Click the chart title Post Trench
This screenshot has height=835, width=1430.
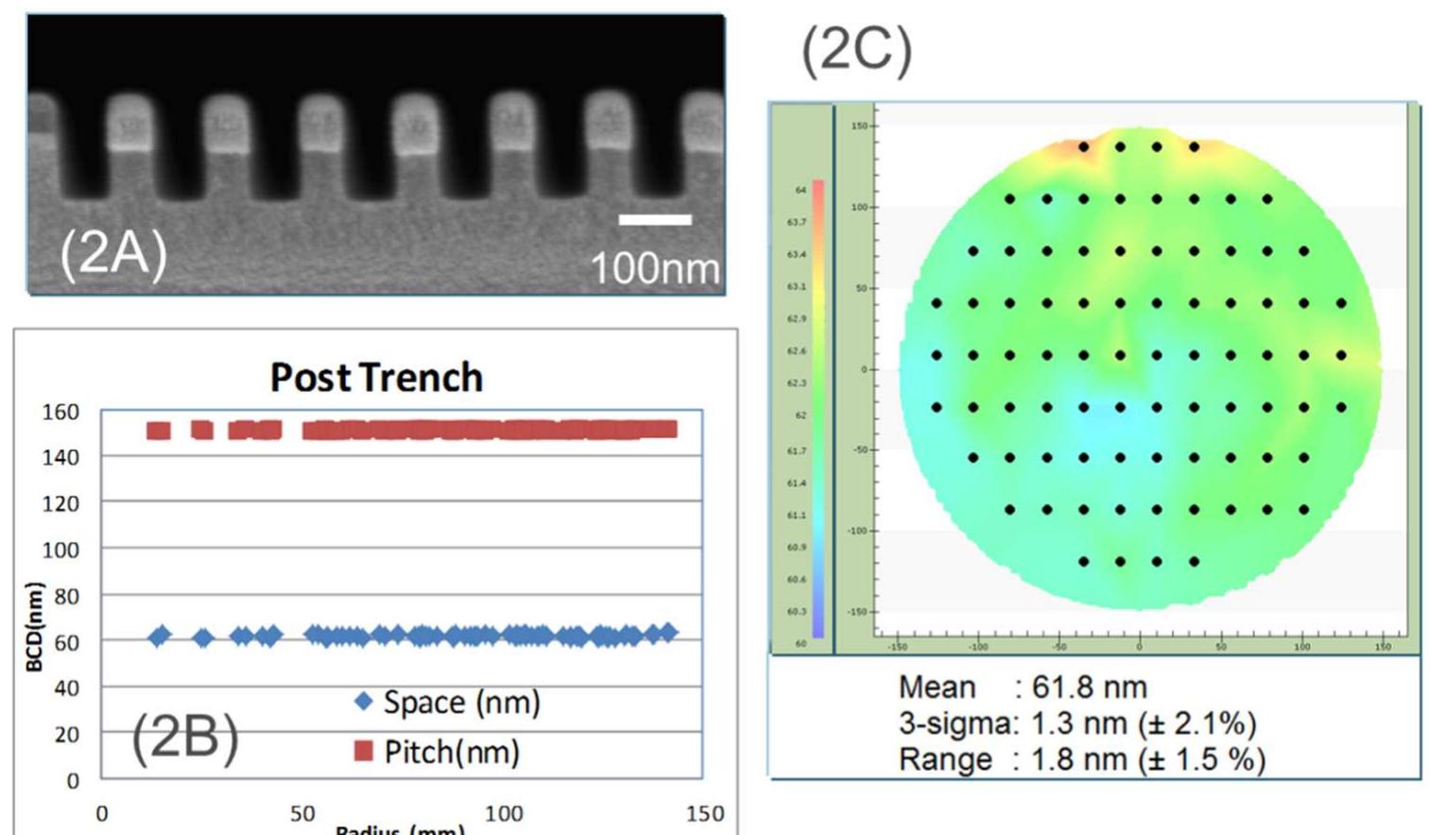376,378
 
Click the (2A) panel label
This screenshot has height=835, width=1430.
113,253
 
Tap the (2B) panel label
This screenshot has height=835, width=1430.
184,737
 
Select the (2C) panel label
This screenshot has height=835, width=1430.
856,49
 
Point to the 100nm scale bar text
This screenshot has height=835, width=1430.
654,268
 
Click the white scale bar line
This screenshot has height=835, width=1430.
655,220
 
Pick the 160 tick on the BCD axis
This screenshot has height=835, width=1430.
60,412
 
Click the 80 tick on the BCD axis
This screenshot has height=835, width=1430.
66,596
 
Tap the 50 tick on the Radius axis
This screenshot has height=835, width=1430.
302,813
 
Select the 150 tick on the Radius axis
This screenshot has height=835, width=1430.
705,813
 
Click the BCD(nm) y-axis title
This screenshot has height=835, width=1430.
35,627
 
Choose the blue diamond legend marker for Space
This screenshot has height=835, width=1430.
363,702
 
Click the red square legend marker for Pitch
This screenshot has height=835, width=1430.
363,752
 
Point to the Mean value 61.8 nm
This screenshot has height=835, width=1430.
1089,687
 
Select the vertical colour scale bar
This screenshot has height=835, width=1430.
818,408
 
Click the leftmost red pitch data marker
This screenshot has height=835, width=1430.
158,431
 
